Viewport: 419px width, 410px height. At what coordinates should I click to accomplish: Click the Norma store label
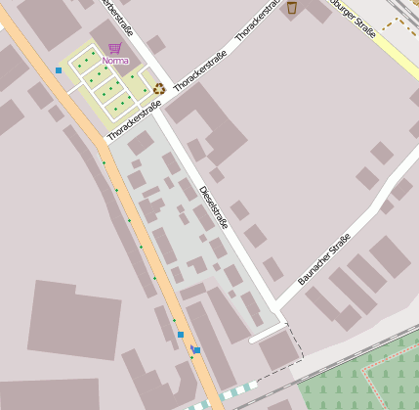pos(114,61)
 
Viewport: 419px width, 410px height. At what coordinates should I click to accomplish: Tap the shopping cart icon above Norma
pos(114,47)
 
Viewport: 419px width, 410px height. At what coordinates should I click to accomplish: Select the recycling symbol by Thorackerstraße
pos(158,88)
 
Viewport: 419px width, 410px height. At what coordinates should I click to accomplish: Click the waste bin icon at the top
pos(291,8)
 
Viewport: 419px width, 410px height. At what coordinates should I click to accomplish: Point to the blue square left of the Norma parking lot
pos(59,70)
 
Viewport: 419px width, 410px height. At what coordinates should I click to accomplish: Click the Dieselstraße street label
pos(213,207)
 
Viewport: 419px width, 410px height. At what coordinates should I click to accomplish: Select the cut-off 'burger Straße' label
pos(353,19)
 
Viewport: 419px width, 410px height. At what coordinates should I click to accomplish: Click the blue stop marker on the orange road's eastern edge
pos(196,350)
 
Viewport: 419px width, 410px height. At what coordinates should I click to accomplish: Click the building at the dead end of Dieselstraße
pos(278,350)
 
